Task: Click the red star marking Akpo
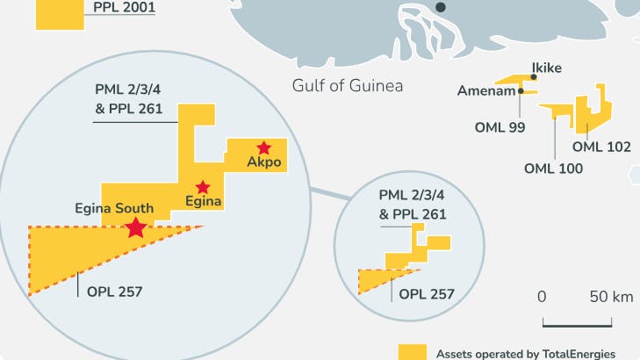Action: [263, 148]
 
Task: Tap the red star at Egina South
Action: [135, 228]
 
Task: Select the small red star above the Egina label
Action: [203, 187]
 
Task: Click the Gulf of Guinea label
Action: [347, 85]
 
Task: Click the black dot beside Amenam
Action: [521, 90]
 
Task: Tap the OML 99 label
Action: [500, 127]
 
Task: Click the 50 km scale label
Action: [611, 297]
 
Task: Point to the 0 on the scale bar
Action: [542, 297]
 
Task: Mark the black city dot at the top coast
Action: [442, 7]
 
